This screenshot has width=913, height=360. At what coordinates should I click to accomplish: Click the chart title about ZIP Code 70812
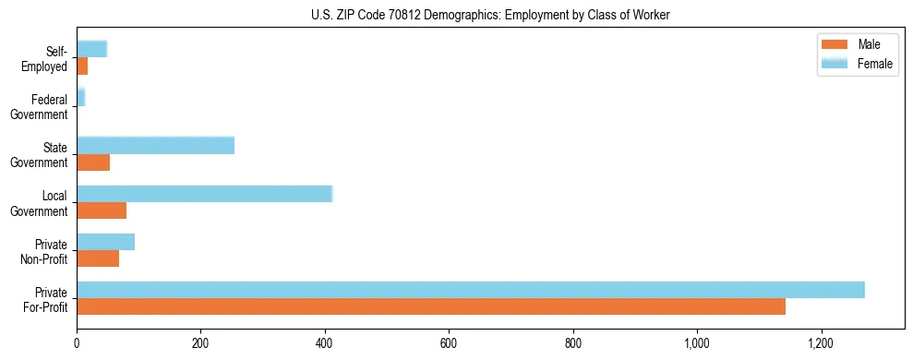point(456,14)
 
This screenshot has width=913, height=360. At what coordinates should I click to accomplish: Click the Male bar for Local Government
point(102,210)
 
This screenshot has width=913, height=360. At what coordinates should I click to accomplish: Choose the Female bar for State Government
point(155,145)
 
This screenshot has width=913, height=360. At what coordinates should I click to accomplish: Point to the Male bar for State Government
point(93,162)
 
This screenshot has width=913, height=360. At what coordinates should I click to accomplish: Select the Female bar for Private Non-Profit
point(105,242)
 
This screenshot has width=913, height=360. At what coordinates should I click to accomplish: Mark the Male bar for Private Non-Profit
point(98,258)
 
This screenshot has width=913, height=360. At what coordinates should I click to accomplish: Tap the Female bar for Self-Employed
point(91,49)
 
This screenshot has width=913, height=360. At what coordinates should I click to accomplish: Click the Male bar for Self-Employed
point(82,66)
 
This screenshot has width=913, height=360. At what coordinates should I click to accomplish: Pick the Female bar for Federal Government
point(80,97)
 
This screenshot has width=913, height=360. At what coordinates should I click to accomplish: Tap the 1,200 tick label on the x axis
point(820,344)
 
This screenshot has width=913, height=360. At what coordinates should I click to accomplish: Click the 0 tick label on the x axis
point(77,344)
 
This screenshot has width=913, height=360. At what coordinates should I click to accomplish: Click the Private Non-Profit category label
point(47,251)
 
